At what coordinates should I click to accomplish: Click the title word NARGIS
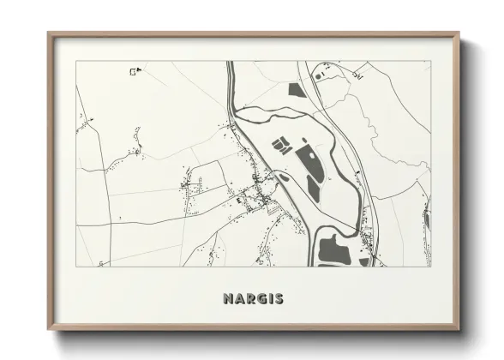253,299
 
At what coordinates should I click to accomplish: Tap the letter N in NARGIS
228,299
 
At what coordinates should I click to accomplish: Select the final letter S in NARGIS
279,299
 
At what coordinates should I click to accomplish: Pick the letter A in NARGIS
238,299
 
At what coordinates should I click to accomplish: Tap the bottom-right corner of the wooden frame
460,330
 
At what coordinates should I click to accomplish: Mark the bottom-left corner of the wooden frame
49,330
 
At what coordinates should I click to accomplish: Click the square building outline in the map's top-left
133,71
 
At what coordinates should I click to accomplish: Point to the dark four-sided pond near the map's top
297,88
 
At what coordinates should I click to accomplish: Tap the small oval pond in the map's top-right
319,75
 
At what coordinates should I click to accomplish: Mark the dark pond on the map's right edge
428,220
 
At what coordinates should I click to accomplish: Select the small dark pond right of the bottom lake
365,261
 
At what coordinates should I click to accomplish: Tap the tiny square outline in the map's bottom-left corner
100,263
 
